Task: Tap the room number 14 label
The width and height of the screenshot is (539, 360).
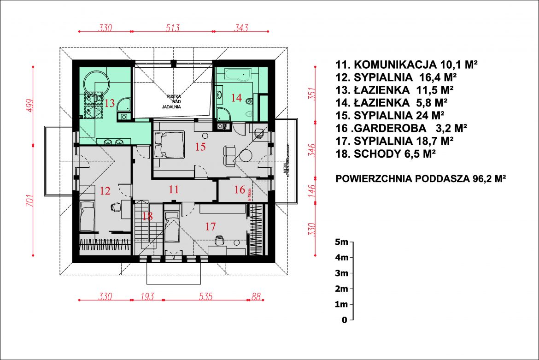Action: [x=236, y=97]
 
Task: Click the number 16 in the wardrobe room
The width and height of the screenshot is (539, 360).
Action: [x=240, y=189]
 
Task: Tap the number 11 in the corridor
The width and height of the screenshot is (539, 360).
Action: [x=173, y=189]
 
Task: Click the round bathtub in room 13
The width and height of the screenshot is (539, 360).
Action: [x=96, y=83]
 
